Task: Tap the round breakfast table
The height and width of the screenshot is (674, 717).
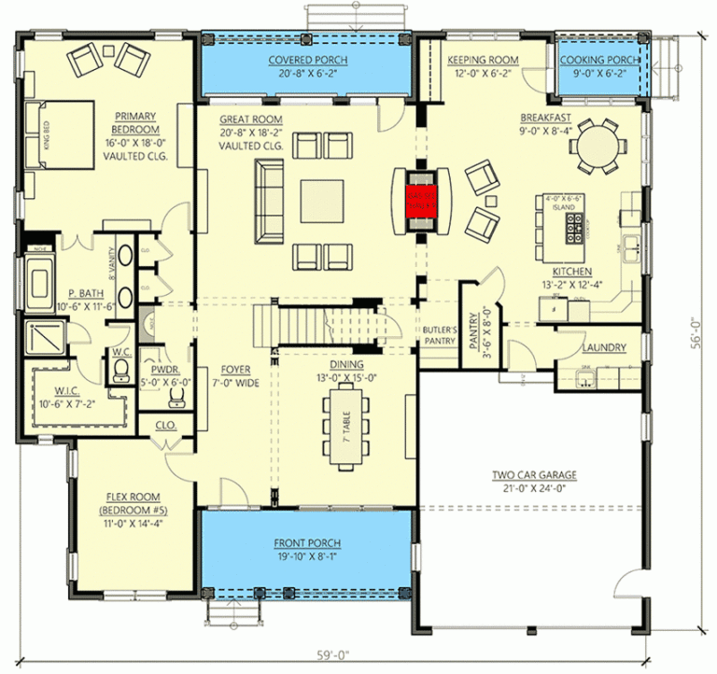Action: click(x=597, y=147)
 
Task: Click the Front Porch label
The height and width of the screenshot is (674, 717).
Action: click(x=306, y=543)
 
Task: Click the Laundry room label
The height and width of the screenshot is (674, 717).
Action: click(x=603, y=348)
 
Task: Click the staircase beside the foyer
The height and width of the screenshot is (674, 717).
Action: click(x=317, y=324)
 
